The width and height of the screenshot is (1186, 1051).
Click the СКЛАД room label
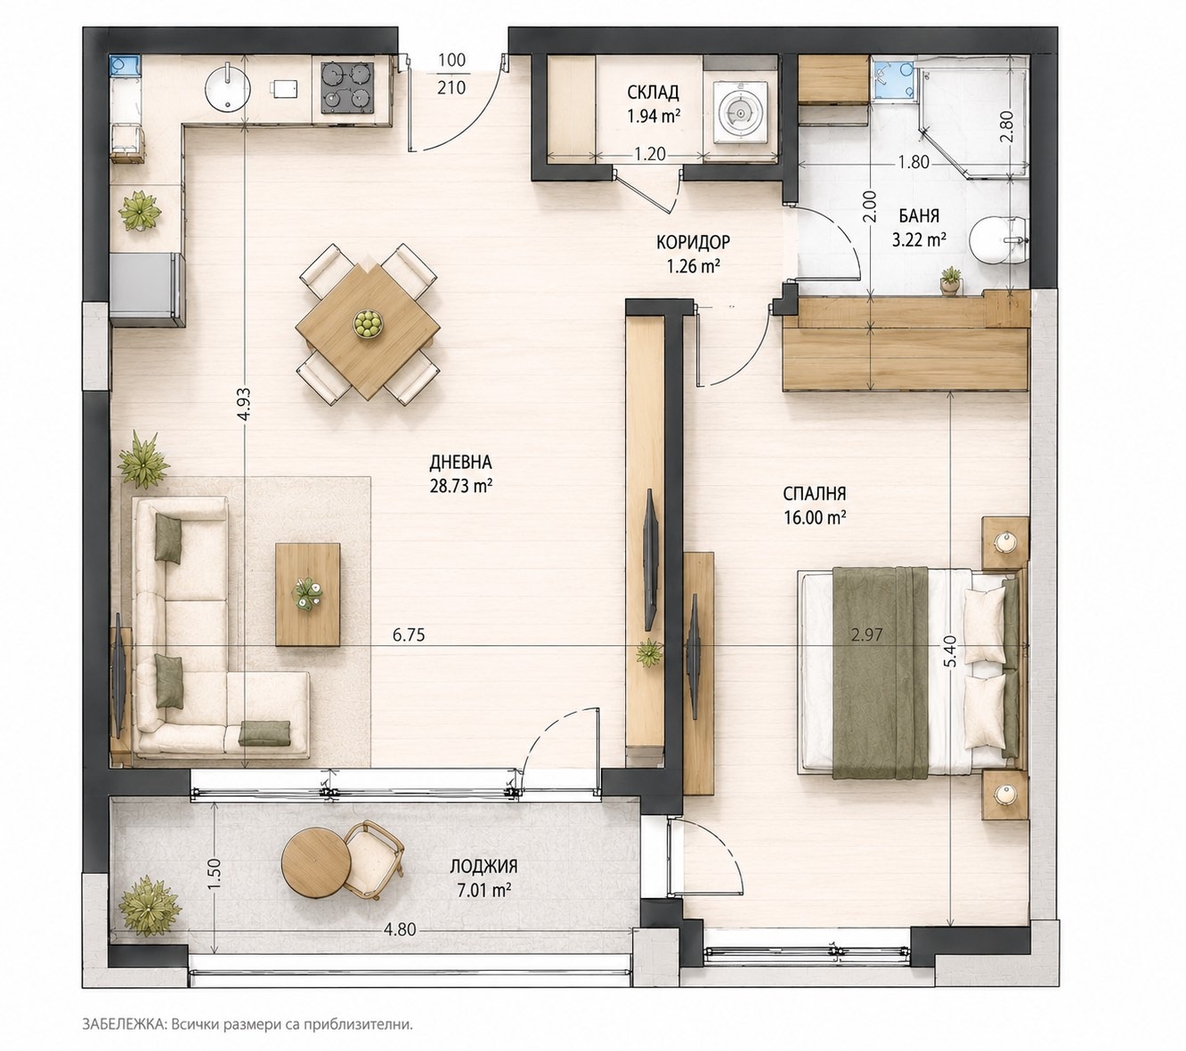coord(653,92)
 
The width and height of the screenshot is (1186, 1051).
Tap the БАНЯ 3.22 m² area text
coord(919,239)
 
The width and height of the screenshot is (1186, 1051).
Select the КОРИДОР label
coord(693,242)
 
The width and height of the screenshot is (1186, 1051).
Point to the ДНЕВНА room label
coord(460,462)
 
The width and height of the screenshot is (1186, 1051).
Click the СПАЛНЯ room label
coord(814,493)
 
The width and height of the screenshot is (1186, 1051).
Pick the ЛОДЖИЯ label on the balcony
coord(483,866)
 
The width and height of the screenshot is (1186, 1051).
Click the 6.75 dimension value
coord(409,635)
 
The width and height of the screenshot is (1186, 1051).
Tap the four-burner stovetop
coord(346,86)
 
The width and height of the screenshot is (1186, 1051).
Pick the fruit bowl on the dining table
coord(368,322)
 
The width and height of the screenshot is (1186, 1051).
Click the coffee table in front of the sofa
coord(307,594)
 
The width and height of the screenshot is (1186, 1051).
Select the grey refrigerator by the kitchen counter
coord(148,289)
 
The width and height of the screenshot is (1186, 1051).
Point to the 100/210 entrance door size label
coord(452,74)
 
